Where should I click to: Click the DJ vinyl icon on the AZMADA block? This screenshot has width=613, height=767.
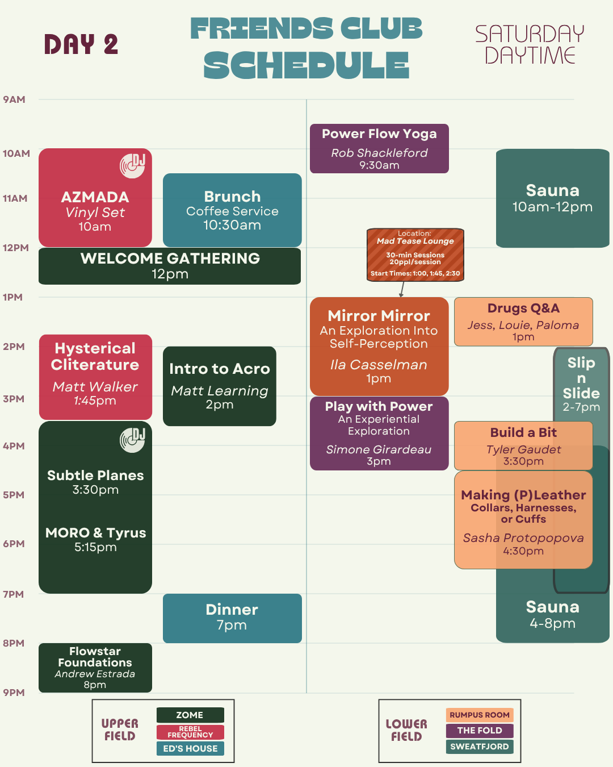pos(132,166)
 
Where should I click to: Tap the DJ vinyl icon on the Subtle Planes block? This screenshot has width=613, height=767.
pos(132,440)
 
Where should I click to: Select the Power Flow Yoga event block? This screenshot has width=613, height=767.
pos(379,149)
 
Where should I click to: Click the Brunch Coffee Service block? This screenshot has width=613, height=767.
pos(232,210)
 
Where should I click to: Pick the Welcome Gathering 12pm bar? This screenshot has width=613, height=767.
pos(170,266)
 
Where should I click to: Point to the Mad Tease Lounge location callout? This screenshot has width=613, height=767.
pos(415,255)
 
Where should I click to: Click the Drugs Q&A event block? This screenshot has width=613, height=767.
pos(523,322)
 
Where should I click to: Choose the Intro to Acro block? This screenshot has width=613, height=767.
pos(220,386)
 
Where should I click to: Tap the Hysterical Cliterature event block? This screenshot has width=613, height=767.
pos(95,377)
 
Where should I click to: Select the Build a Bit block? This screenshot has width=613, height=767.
pos(523,445)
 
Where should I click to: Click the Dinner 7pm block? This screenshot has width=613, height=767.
pos(232,618)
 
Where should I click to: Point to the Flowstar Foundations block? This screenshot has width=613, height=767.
pos(95,668)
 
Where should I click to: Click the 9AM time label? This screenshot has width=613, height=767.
pos(14,99)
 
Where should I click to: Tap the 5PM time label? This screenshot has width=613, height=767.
pos(14,495)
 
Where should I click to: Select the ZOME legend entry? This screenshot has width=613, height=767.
pos(190,715)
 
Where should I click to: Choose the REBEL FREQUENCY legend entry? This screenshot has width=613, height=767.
pos(190,732)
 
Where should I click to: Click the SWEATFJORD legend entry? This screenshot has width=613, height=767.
pos(480,747)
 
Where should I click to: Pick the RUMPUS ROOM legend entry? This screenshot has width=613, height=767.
pos(480,715)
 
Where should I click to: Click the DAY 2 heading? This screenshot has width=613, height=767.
pos(81,44)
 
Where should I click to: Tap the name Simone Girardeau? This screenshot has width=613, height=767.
pos(379,449)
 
